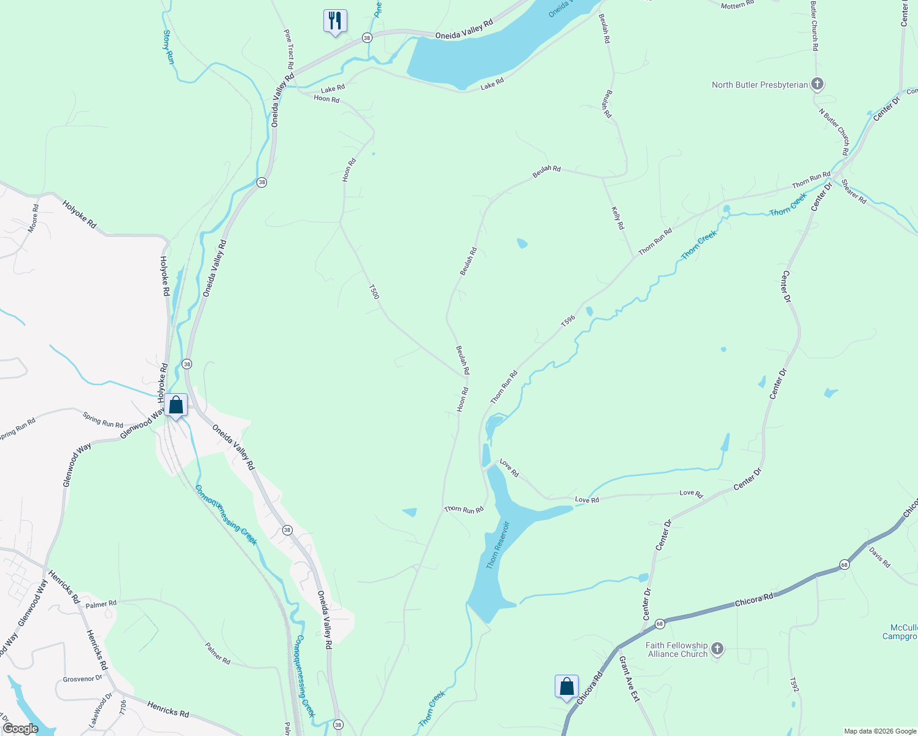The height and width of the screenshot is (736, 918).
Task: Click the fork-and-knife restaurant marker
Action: [335, 21]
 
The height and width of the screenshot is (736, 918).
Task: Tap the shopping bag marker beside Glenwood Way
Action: [176, 405]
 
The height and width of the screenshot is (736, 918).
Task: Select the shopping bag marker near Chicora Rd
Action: [566, 687]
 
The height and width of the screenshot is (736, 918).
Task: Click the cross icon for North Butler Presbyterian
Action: [817, 84]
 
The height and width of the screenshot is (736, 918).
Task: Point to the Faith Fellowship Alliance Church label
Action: [677, 650]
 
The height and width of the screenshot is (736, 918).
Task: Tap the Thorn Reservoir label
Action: [498, 545]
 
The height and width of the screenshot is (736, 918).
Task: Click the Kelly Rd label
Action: [618, 218]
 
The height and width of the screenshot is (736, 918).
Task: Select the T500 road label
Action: [374, 292]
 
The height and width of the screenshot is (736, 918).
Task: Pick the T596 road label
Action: [568, 321]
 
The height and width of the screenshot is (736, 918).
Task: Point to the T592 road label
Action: [794, 685]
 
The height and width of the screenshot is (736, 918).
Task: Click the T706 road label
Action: [123, 708]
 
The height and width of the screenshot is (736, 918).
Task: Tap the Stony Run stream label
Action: [168, 47]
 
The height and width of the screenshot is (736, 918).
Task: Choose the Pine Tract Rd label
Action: [289, 48]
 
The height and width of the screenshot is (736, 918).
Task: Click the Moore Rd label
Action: [33, 218]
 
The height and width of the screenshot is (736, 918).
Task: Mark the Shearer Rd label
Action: [854, 191]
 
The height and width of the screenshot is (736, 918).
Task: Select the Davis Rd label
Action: [879, 558]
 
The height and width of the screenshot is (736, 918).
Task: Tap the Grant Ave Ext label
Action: [629, 679]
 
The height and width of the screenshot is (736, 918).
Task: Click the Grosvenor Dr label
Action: [82, 679]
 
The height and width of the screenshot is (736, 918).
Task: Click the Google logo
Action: [20, 729]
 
